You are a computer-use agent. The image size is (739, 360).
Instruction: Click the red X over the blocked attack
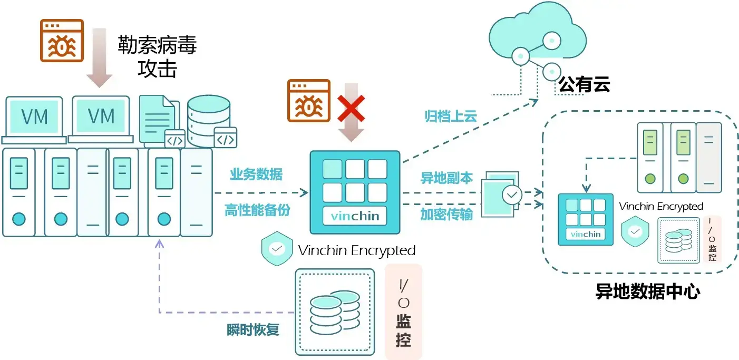tap(351, 109)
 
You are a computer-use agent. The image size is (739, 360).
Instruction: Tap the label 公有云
tap(584, 84)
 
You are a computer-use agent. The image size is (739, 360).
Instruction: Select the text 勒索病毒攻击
tap(157, 56)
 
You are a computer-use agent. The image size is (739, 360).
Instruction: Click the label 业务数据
tap(256, 174)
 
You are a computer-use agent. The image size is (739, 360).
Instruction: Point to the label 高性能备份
tap(257, 210)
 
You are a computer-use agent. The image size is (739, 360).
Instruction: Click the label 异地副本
tap(446, 178)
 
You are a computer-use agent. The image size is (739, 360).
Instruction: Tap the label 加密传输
tap(446, 215)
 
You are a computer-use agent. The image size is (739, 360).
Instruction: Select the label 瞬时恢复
tap(253, 330)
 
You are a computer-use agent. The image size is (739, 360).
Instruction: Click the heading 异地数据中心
tap(648, 291)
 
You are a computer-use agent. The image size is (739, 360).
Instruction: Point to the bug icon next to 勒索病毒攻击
tap(62, 41)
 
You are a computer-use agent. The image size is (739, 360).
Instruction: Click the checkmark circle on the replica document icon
tap(511, 195)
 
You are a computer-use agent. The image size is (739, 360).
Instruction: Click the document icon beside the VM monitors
tap(158, 119)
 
